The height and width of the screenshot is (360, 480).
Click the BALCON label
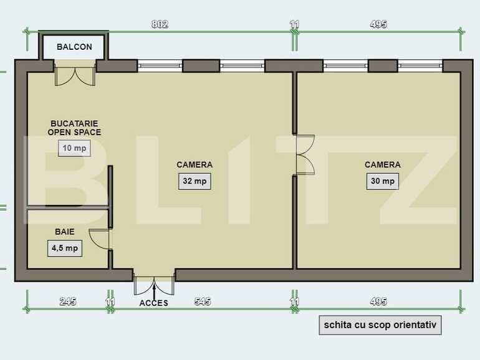point(74,47)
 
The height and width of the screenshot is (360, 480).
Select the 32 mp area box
point(194,181)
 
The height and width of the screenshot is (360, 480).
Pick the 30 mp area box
point(382,181)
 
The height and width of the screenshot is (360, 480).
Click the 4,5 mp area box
point(64,248)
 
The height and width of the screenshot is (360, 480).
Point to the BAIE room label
point(64,232)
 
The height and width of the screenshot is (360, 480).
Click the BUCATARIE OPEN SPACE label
point(75,128)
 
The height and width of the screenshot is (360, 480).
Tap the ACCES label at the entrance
point(153,303)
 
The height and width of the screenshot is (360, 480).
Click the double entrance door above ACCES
point(153,283)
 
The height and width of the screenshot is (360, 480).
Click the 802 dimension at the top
point(160,25)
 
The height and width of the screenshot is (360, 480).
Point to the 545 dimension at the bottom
point(203,301)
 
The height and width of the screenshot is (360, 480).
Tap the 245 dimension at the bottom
point(68,301)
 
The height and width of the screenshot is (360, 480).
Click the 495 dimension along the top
point(378,25)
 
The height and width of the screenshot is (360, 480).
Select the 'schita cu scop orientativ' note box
point(380,325)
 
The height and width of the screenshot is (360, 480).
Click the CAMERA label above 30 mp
point(382,165)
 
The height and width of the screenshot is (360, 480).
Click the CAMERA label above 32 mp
point(194,165)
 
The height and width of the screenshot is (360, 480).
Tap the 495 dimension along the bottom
point(378,301)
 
